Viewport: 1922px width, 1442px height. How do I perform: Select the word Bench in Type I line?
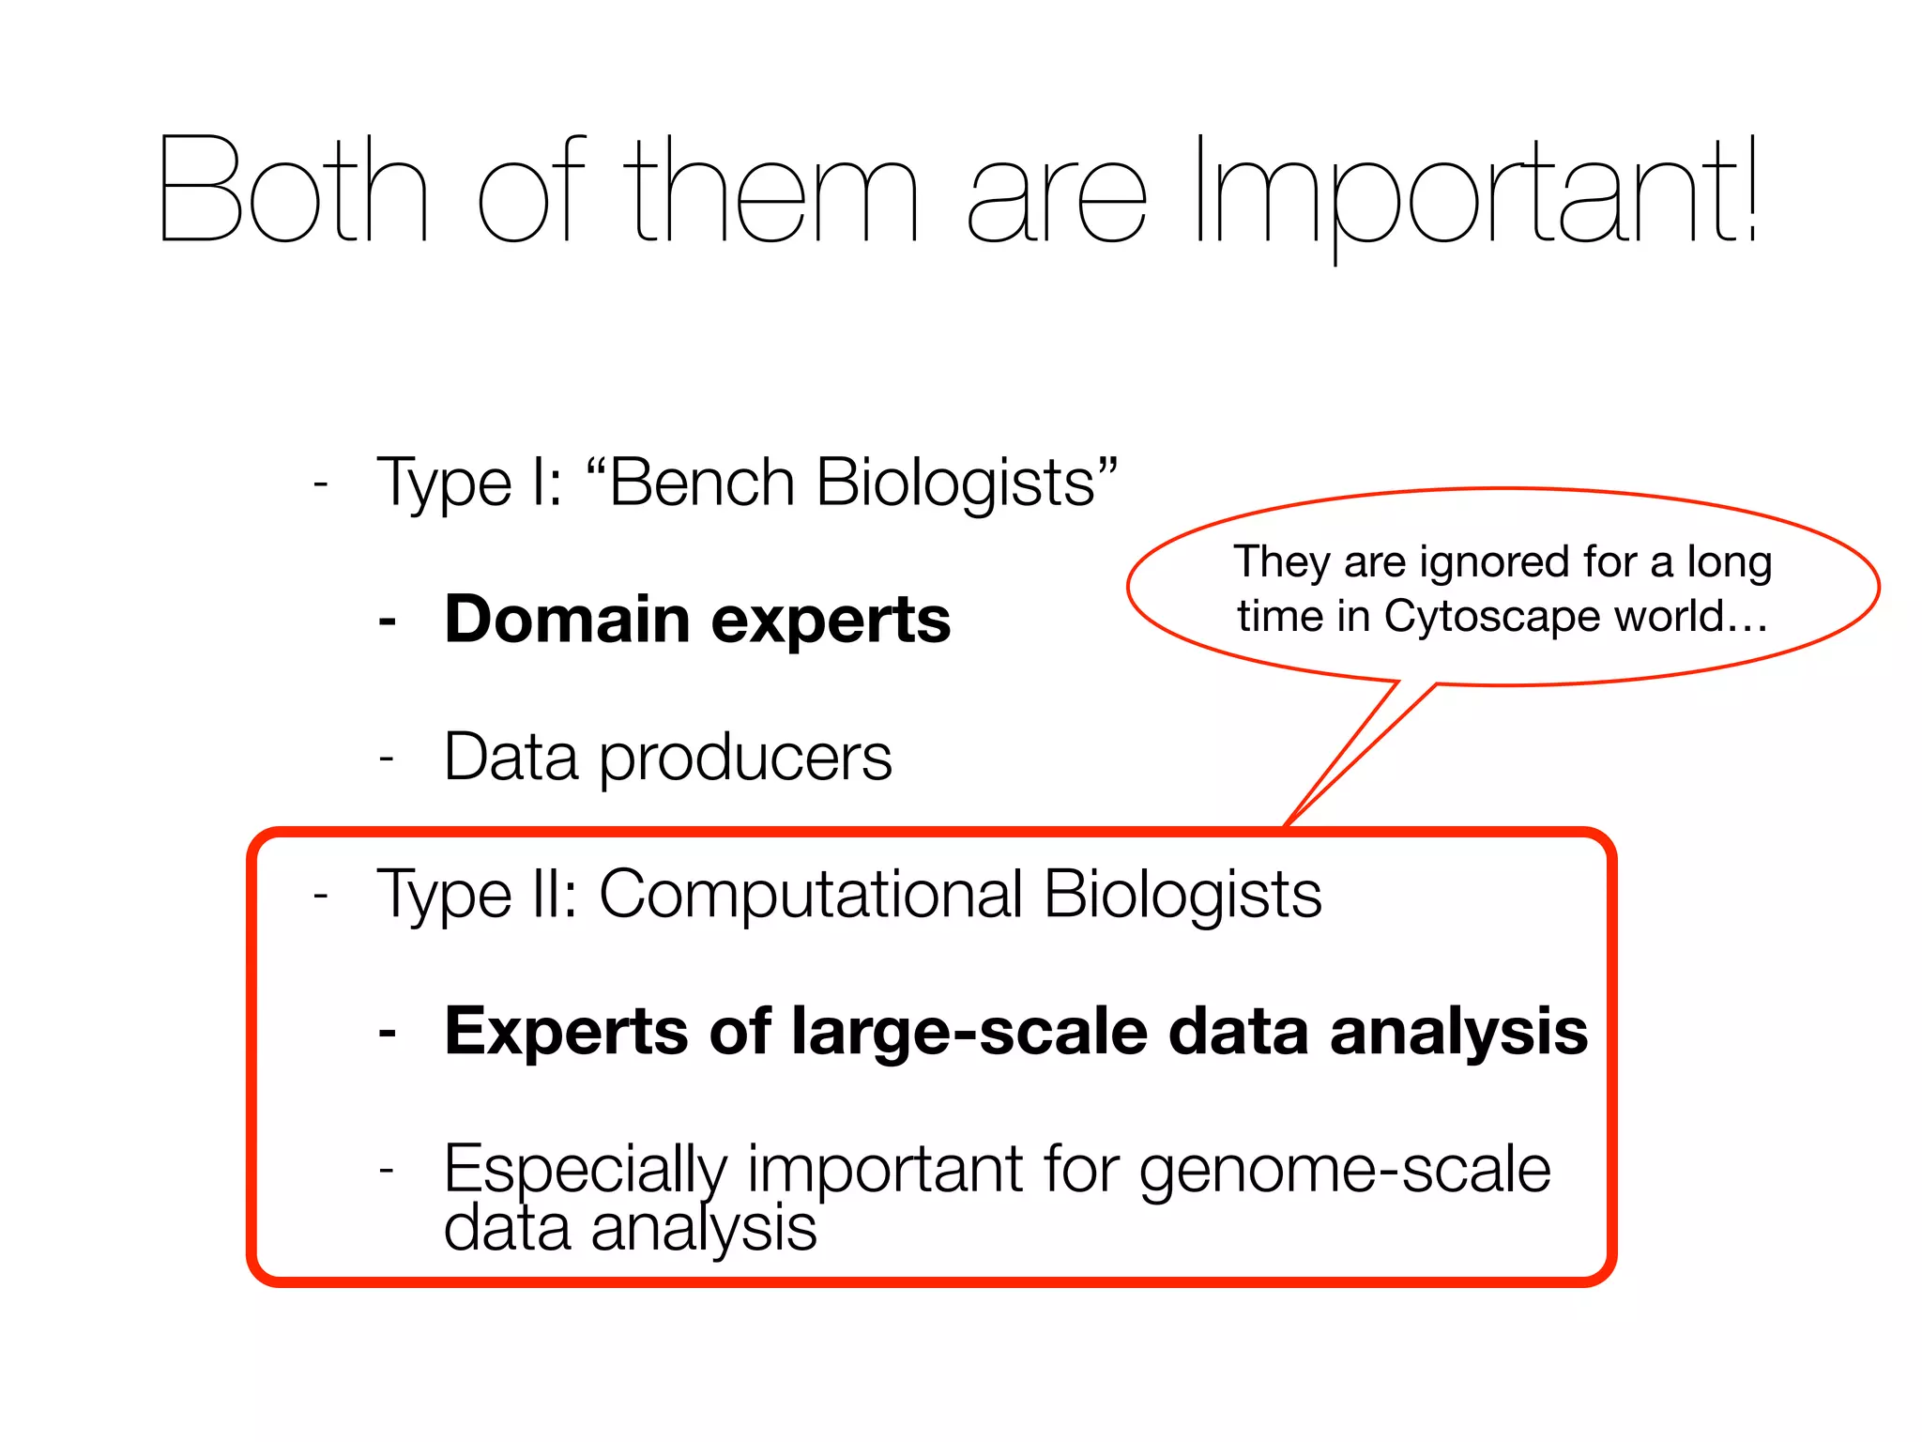coord(702,483)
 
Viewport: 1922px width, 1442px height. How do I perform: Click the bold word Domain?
coord(568,620)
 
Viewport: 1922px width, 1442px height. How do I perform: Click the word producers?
coord(745,758)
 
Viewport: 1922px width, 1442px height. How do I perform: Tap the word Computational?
coord(811,895)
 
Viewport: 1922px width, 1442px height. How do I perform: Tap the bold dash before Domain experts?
coord(387,621)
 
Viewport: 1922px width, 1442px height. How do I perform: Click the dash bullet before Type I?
coord(321,484)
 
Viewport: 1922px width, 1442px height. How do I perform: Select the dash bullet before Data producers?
coord(387,759)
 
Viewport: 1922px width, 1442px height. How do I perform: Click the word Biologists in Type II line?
coord(1182,895)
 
